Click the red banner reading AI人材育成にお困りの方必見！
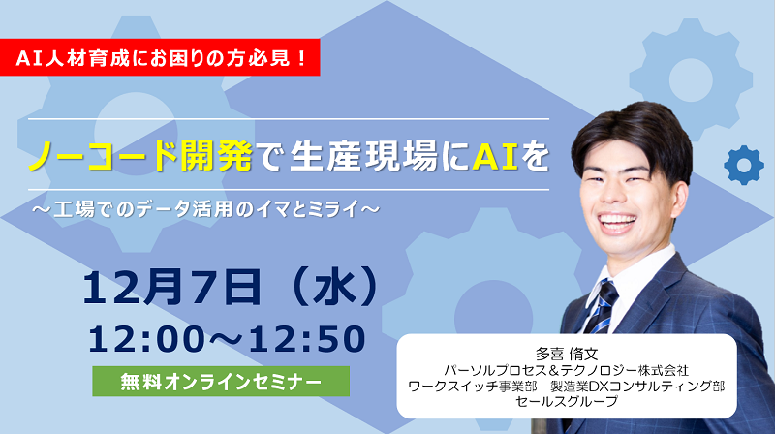pos(160,57)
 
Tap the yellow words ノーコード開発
pos(140,156)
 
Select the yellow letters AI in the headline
pos(495,156)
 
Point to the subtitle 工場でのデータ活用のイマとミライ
pos(206,209)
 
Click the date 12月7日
pos(172,287)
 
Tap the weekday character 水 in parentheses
pos(335,288)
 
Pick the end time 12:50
pos(306,339)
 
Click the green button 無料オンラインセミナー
pos(221,381)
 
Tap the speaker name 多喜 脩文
pos(567,354)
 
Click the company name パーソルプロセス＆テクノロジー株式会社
pos(566,370)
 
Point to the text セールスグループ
pos(567,401)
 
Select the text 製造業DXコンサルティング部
pos(637,386)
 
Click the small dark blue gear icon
pos(743,165)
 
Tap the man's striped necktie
pos(602,306)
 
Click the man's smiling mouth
pos(617,223)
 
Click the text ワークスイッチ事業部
pos(473,386)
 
